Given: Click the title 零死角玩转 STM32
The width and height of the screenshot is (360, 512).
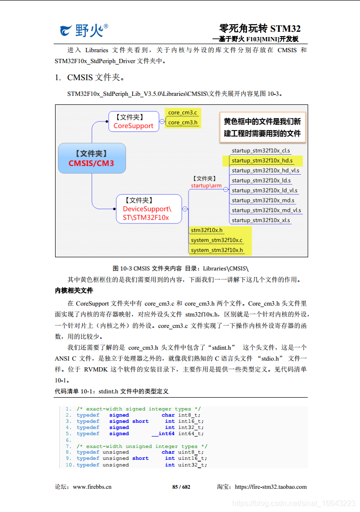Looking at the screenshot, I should [259, 28].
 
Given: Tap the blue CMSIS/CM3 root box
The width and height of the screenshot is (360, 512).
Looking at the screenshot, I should [92, 158].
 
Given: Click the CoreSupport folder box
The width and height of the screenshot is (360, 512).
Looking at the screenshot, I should [133, 121].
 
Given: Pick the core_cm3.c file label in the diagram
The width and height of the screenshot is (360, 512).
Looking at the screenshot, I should [182, 112].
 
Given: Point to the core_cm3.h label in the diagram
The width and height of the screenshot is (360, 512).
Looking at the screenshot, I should [182, 122].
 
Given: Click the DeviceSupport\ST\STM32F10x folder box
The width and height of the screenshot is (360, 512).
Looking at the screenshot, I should [149, 209].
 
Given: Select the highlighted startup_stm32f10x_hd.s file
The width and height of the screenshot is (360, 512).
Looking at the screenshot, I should [262, 160].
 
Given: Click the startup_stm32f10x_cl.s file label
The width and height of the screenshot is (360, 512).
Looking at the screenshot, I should [261, 150].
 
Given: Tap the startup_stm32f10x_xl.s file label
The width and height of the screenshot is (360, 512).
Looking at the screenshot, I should [261, 220].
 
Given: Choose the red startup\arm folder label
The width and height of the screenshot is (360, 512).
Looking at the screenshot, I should [206, 186].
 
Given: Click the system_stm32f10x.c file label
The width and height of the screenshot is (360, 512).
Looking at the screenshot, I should [216, 240].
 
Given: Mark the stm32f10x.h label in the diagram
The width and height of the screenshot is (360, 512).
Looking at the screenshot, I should [207, 230].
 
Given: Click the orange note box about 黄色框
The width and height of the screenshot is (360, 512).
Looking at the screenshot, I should [262, 127].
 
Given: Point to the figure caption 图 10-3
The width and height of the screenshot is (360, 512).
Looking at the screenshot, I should [180, 268].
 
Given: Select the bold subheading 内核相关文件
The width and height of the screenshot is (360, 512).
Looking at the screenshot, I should [74, 290].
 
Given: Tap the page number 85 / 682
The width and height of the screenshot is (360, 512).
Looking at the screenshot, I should [181, 487].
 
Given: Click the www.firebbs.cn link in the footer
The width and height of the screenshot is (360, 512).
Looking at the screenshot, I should [92, 487].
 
